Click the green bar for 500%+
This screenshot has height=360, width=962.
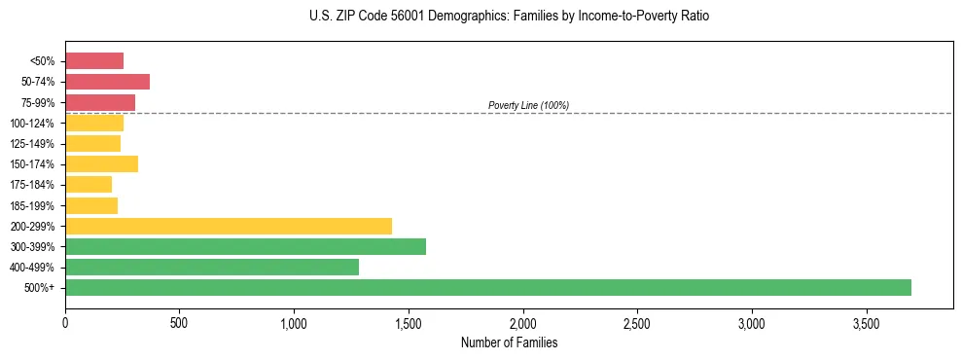[x=487, y=287]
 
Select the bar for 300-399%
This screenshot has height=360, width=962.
[x=245, y=246]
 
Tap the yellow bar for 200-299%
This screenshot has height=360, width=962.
[x=229, y=226]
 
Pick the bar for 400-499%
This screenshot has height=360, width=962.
[x=212, y=267]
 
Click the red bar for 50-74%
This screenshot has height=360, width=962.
[x=107, y=82]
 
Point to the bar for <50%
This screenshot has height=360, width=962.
[x=94, y=61]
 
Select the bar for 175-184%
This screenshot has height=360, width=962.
[x=89, y=184]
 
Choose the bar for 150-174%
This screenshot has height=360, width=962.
[x=101, y=163]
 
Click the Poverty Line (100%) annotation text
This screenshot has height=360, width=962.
[x=528, y=105]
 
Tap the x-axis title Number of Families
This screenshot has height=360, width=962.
[x=509, y=342]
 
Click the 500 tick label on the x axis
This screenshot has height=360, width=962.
[x=179, y=322]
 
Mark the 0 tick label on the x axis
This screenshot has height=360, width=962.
[x=65, y=322]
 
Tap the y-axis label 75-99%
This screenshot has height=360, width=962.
[x=40, y=102]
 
